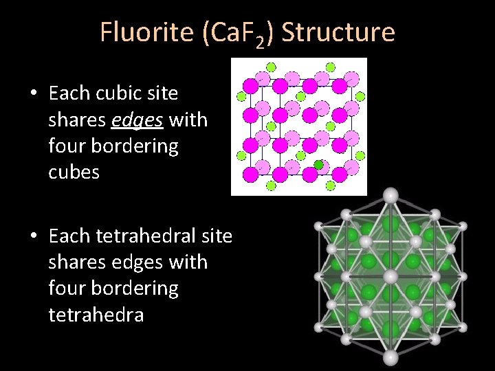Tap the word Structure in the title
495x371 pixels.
coord(338,32)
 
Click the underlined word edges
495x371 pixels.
coord(137,120)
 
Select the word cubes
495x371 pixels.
coord(74,172)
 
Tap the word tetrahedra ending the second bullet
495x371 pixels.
coord(96,315)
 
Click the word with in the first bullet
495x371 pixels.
coord(188,120)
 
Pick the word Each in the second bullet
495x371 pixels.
coord(70,236)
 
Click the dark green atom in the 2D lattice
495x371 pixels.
coord(318,164)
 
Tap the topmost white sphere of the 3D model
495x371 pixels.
coord(390,195)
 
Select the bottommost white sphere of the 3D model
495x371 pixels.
coord(390,357)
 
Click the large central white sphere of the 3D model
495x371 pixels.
coord(390,276)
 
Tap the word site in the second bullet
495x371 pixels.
coord(216,236)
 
